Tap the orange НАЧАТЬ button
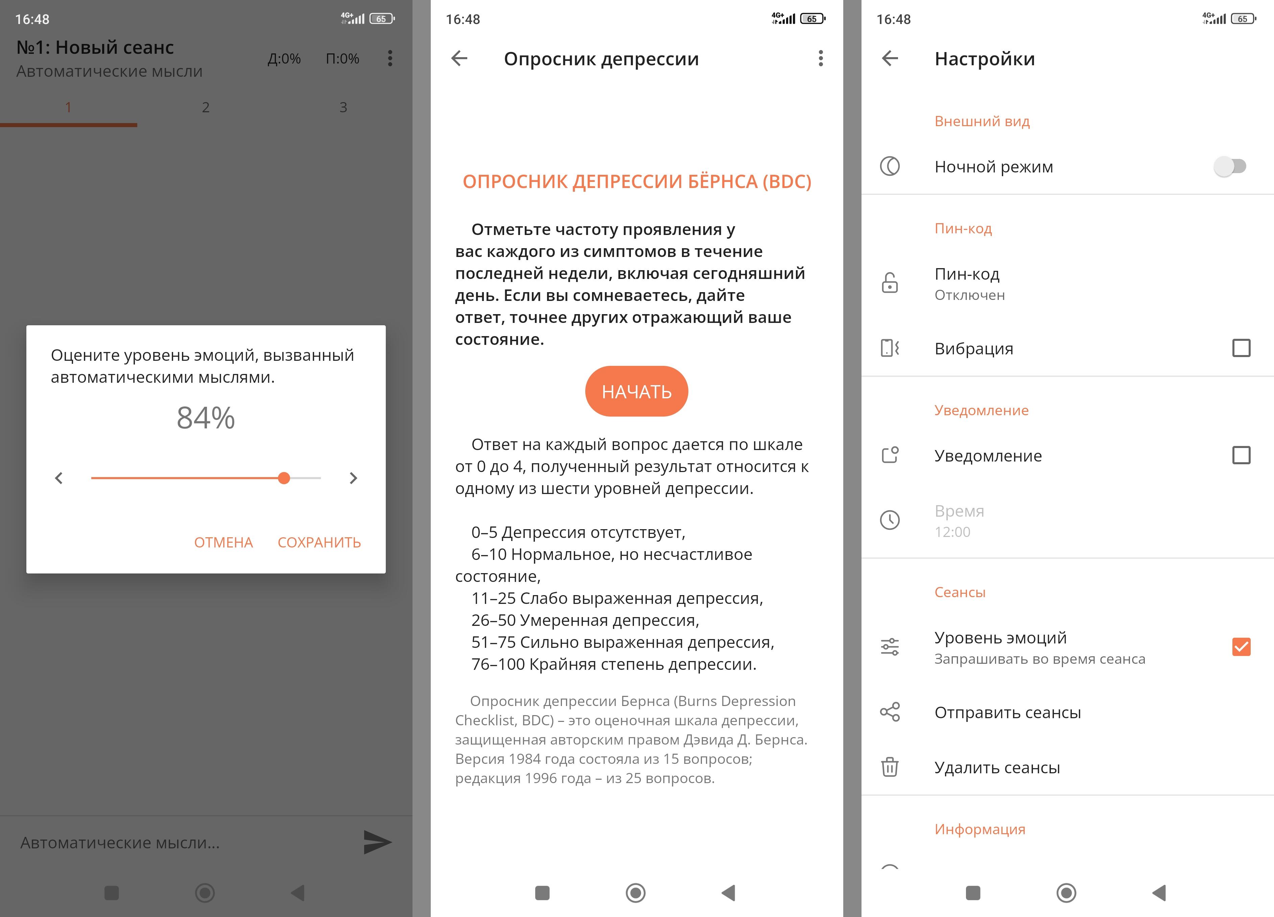(636, 391)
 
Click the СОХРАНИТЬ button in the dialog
(319, 542)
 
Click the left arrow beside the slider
(59, 478)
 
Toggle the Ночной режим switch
(1230, 166)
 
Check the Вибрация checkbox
(1241, 348)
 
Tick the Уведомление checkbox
(1241, 455)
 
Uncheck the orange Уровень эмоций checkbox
(1241, 647)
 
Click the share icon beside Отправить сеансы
(890, 712)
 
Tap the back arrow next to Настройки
(890, 58)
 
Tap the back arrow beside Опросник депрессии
(459, 58)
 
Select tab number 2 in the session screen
(206, 107)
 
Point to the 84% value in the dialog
(206, 418)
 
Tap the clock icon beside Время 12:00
(890, 520)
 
